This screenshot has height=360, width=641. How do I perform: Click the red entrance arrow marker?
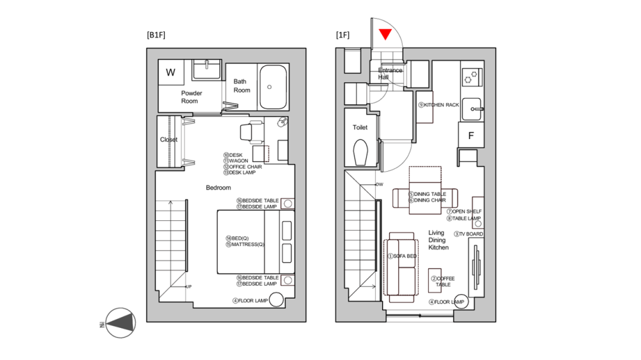[385, 34]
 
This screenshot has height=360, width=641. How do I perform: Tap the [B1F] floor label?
[156, 35]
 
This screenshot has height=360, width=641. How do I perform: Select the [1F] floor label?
[342, 35]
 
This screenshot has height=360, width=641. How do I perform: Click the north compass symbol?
[120, 323]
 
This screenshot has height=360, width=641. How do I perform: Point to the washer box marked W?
[171, 72]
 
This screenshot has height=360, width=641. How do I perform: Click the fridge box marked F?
[471, 136]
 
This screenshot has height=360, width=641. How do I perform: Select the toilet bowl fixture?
[360, 153]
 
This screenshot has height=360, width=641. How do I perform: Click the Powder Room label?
[191, 97]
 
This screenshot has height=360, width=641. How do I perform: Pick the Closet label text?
[169, 140]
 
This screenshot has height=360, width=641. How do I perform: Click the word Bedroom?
[218, 188]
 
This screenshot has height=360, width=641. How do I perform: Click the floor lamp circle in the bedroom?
[277, 300]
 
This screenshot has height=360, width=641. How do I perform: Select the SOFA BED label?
[404, 256]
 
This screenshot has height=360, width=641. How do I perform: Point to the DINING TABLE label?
[429, 194]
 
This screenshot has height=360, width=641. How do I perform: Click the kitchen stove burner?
[472, 76]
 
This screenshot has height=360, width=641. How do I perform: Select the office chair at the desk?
[250, 131]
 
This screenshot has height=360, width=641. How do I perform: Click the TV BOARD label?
[470, 234]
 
